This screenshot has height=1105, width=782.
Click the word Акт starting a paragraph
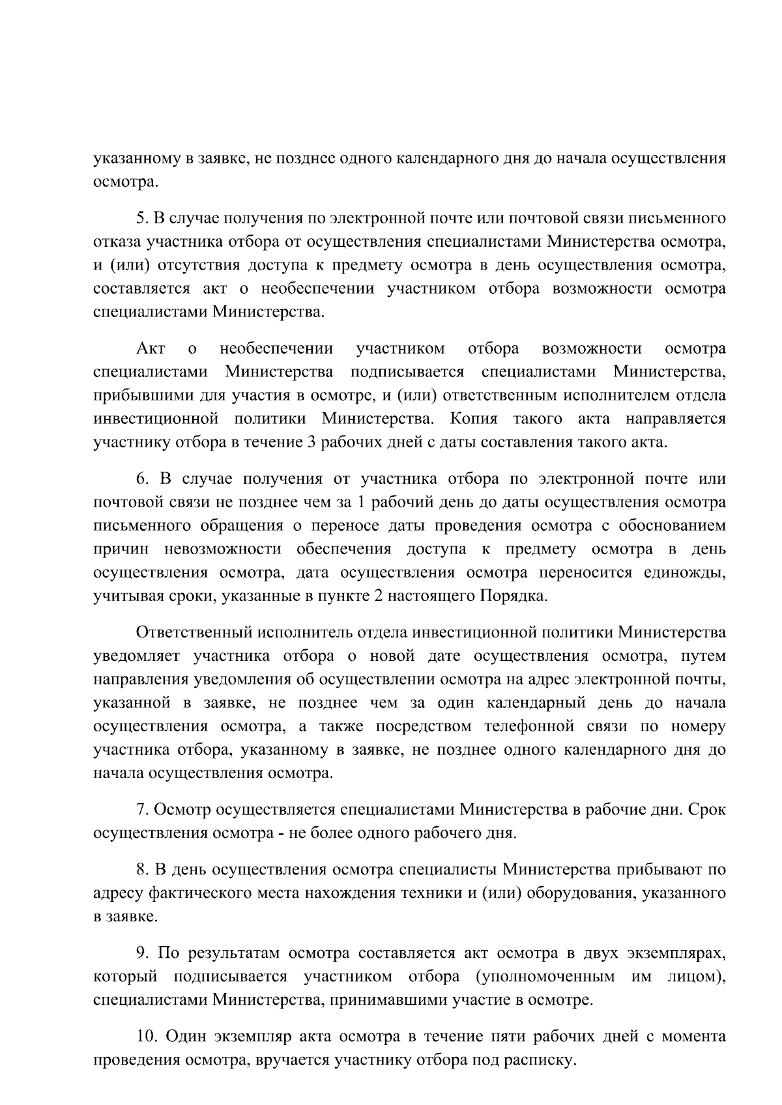tap(151, 349)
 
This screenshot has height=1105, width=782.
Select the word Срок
tap(706, 810)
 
